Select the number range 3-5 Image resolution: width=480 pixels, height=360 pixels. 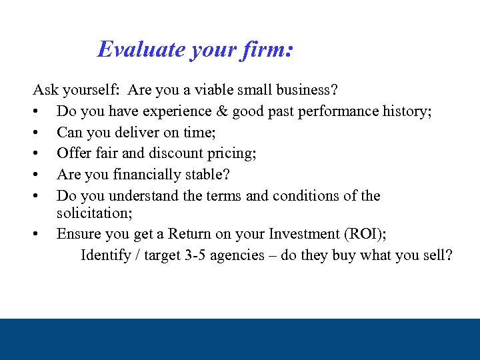195,255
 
